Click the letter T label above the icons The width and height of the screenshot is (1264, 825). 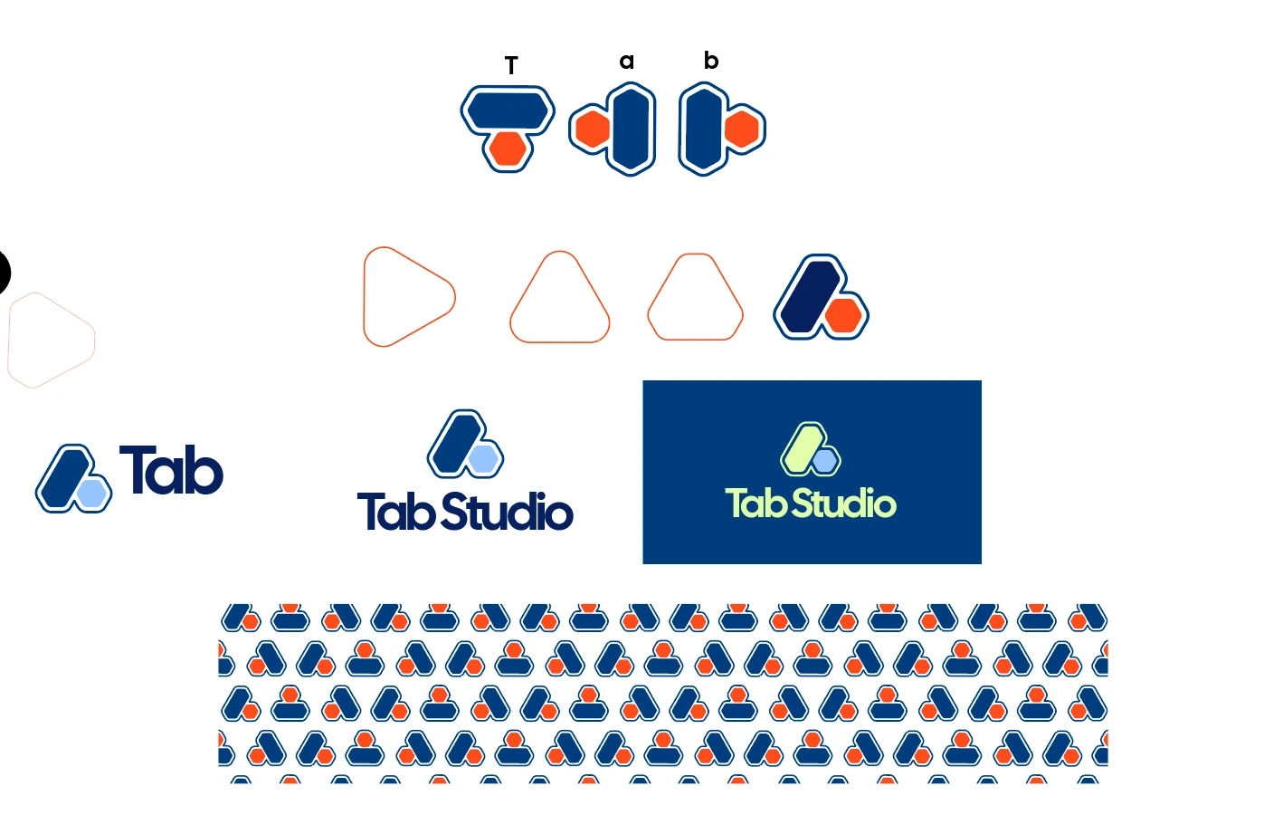[511, 66]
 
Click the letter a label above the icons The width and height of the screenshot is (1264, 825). [626, 62]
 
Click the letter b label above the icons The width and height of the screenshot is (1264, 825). [711, 61]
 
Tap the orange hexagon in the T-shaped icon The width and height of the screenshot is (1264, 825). [508, 149]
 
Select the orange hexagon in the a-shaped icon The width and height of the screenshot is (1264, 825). [593, 130]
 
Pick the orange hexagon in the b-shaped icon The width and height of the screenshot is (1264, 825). [742, 130]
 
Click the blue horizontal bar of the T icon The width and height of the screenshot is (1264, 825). [508, 110]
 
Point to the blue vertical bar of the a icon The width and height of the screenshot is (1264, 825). [632, 129]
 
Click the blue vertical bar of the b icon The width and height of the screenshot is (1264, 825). [702, 129]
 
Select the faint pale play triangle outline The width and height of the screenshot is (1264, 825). [50, 341]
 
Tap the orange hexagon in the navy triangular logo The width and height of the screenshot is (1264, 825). [844, 315]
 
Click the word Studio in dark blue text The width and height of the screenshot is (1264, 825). [508, 512]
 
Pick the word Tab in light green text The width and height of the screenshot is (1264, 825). [756, 504]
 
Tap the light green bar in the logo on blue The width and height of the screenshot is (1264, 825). [801, 446]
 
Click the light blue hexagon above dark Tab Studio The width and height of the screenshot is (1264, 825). [484, 459]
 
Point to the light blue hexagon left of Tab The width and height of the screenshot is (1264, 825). [92, 493]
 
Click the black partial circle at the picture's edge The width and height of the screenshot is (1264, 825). [3, 272]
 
